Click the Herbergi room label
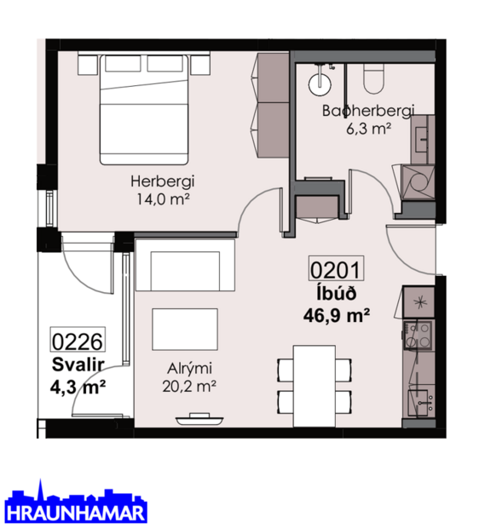pos(159,181)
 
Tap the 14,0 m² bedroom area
pos(159,198)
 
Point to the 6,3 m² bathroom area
pos(367,129)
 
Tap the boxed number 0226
pos(78,342)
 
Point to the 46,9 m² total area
pos(336,315)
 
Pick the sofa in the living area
pos(184,267)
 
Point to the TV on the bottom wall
pos(199,418)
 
